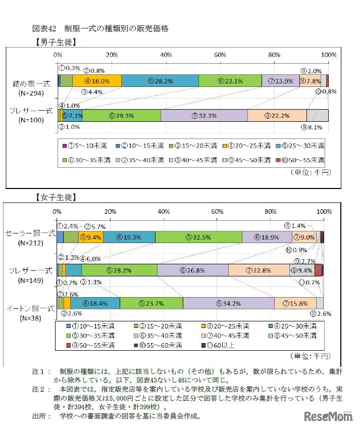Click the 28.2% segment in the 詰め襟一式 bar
160,81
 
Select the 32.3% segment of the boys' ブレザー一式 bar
204,115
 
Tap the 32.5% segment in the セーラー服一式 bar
198,237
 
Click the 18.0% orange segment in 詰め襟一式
96,81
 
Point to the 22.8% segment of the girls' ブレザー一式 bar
259,270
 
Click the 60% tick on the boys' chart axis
220,55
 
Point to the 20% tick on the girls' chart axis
111,211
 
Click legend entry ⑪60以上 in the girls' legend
220,346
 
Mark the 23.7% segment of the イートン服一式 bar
151,303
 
